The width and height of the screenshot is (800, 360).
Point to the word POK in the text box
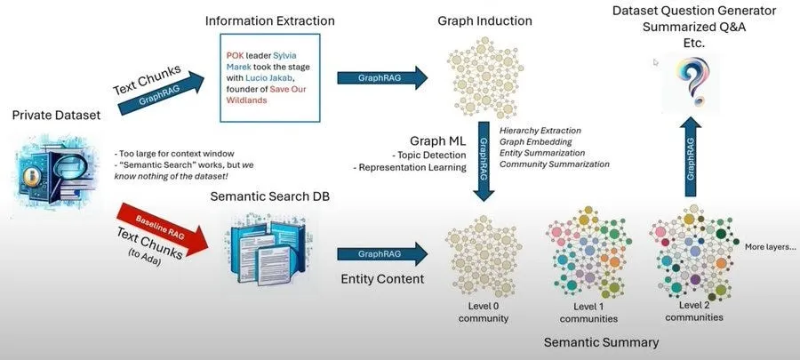click(236, 54)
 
